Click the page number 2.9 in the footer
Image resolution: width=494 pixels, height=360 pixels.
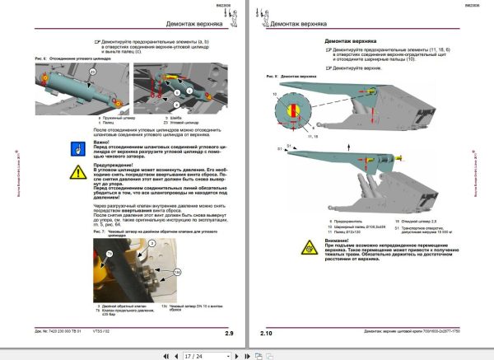[x=230, y=333]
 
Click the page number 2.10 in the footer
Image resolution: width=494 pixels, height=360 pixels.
[x=265, y=333]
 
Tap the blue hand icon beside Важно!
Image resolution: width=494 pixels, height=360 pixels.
[x=78, y=149]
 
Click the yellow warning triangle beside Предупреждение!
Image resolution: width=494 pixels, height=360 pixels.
[x=78, y=171]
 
